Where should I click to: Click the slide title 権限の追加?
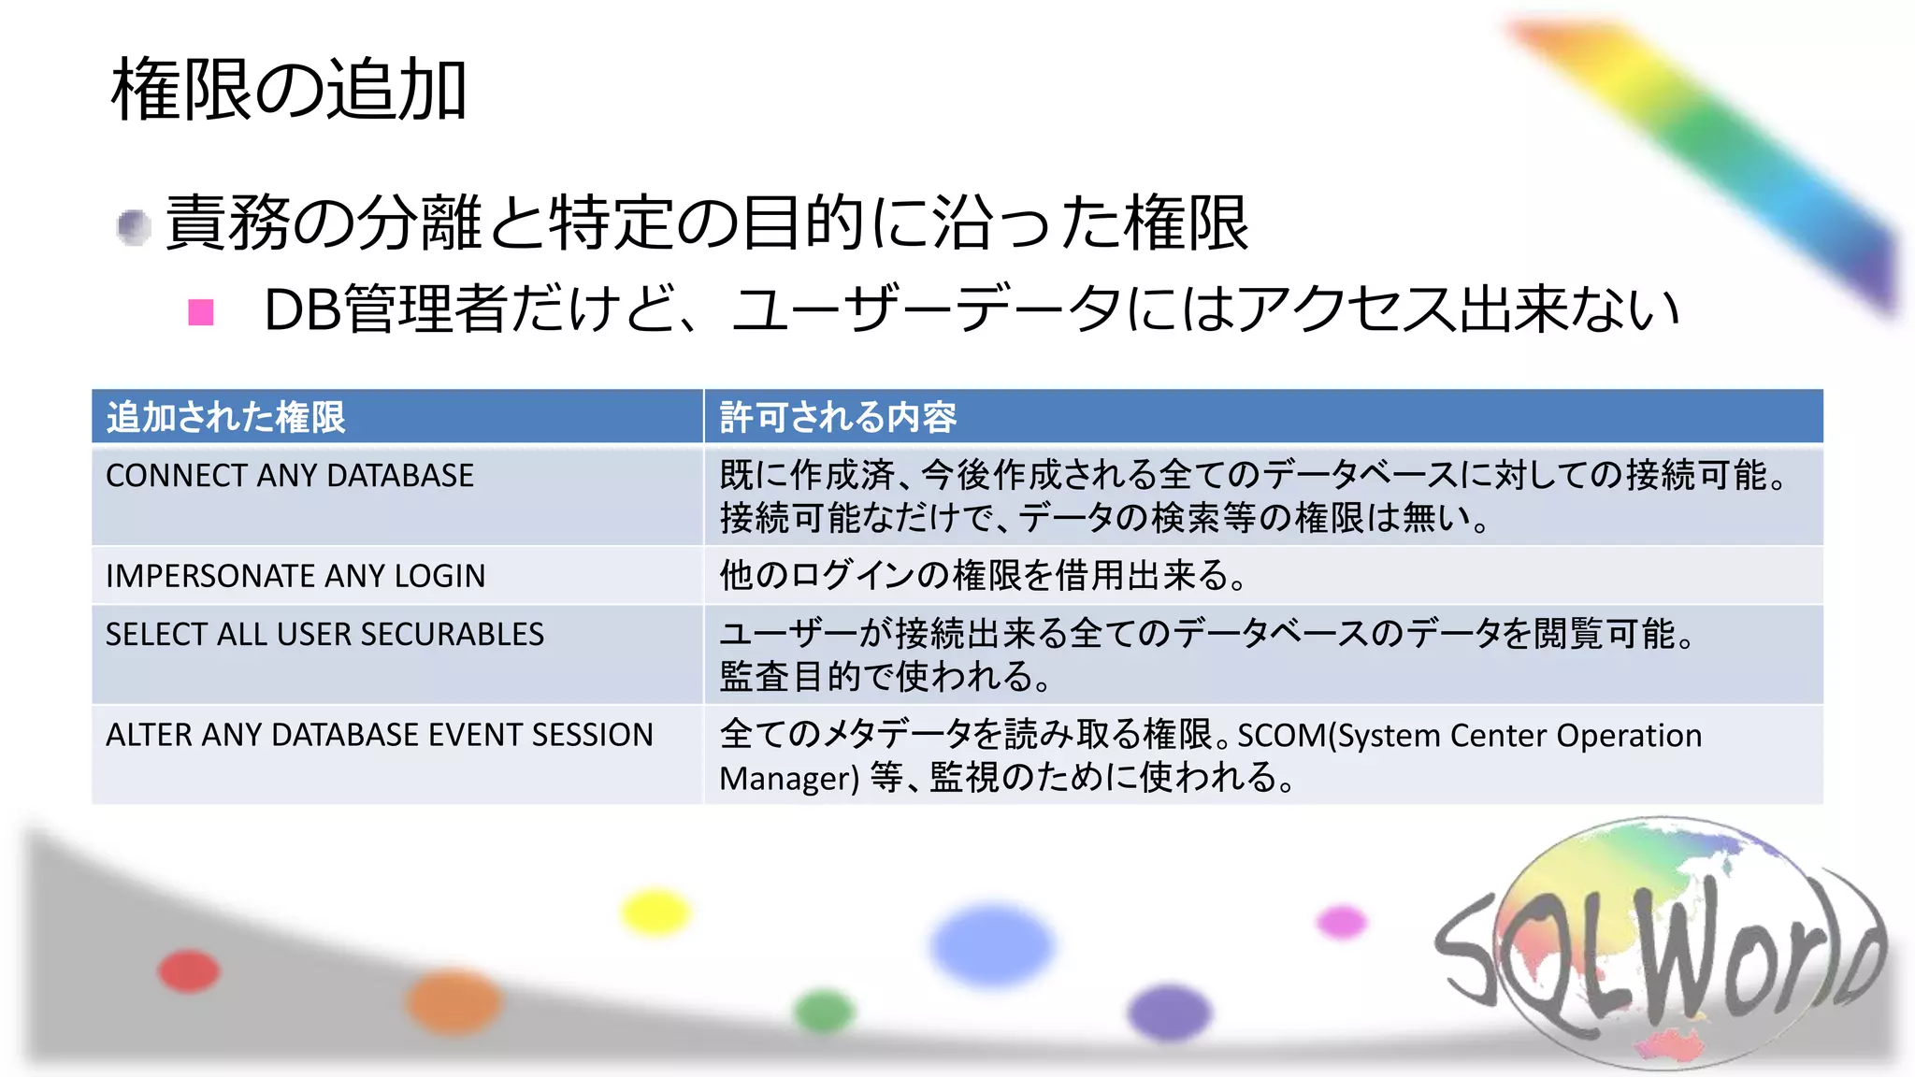point(289,90)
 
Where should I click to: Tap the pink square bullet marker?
point(201,311)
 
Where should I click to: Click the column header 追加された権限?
point(226,417)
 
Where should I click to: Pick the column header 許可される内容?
point(838,417)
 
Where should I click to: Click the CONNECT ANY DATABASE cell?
point(290,476)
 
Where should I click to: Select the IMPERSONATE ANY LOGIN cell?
point(295,576)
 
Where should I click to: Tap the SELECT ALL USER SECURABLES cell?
point(324,635)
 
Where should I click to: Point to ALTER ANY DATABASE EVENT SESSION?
point(379,735)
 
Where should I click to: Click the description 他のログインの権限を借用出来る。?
point(983,576)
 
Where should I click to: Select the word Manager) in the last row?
point(788,778)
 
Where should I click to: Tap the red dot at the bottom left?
point(189,970)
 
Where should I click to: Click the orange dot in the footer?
point(454,1001)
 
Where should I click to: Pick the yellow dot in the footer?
point(655,912)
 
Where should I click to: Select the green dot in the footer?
point(824,1011)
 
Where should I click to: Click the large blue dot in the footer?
point(992,944)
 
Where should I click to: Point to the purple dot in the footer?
point(1169,1012)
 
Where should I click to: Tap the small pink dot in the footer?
point(1342,922)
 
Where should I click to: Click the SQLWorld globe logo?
point(1660,944)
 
